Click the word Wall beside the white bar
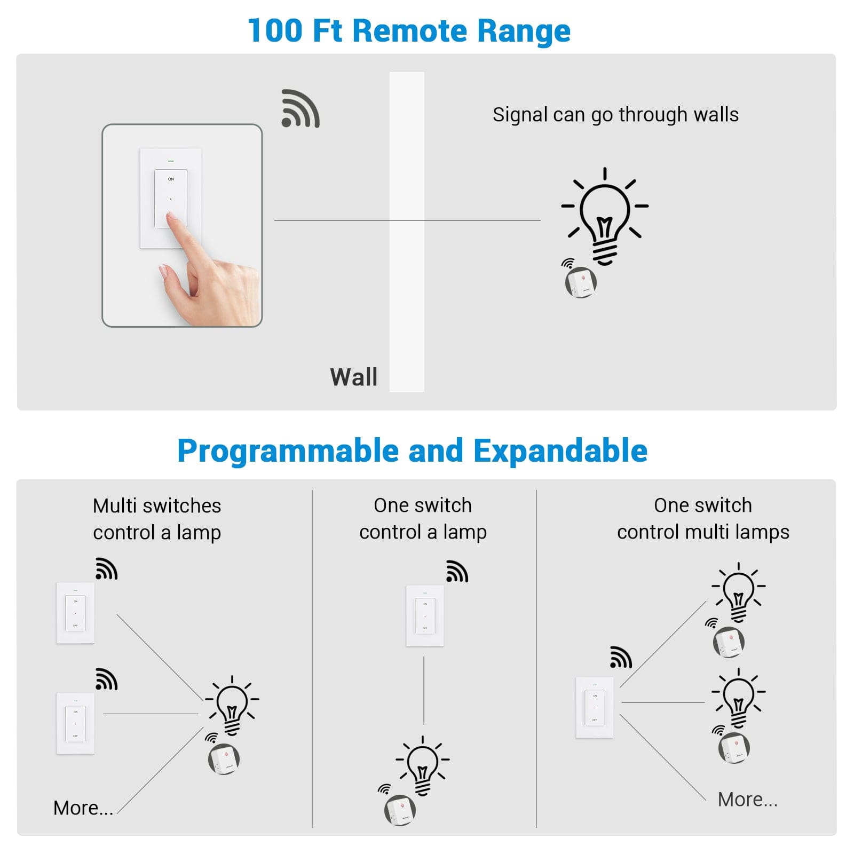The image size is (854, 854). pos(353,377)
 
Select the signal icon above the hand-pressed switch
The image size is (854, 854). pos(301,109)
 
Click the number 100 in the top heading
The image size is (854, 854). pos(275,30)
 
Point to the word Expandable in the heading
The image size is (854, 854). pos(560,450)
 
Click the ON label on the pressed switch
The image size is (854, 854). pos(171,179)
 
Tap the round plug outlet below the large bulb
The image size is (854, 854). pos(581,282)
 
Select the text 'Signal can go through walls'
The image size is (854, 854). pos(615,115)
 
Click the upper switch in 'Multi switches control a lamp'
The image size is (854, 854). pos(75,613)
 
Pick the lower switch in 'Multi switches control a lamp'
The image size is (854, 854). pos(75,723)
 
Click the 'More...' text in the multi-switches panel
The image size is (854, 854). pos(83,808)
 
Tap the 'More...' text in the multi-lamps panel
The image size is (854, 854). pos(747,799)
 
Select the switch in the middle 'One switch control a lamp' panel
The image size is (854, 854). pos(425,615)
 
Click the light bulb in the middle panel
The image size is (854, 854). pos(423,765)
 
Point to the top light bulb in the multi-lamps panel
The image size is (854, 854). pos(738,591)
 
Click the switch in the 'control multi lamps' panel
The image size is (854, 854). pos(595,707)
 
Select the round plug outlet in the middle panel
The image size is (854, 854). pos(400,810)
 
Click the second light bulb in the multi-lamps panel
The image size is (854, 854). pos(738,697)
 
